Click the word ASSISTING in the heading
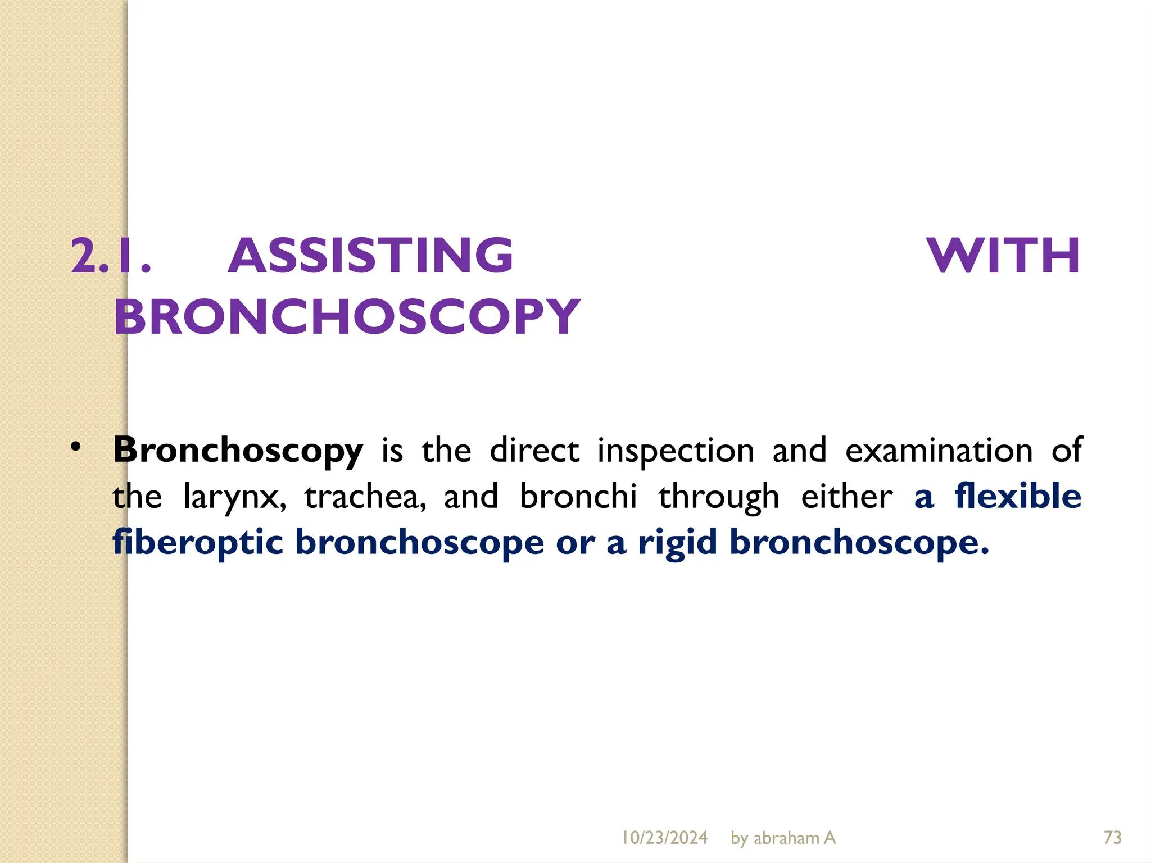(x=370, y=256)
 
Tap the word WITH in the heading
(x=1003, y=256)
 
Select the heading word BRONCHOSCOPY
(x=347, y=317)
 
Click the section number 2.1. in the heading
(x=111, y=256)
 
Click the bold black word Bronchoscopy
(x=238, y=451)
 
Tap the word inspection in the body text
(x=676, y=451)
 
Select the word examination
(x=939, y=451)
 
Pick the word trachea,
(x=365, y=497)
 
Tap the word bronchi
(x=578, y=497)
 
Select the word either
(x=846, y=497)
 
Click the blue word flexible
(x=1017, y=496)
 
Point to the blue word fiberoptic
(x=197, y=543)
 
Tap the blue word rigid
(x=677, y=543)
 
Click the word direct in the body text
(x=534, y=451)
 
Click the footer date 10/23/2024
(x=664, y=838)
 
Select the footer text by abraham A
(x=783, y=838)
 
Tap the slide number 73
(x=1112, y=838)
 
